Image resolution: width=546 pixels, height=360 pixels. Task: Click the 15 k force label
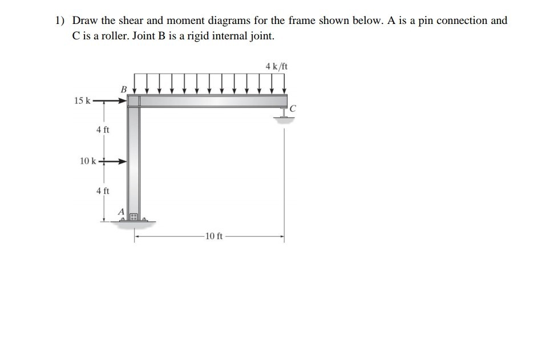coord(82,101)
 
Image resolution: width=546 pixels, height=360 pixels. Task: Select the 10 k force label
coord(88,161)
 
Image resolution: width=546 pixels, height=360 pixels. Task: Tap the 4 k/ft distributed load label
coord(277,67)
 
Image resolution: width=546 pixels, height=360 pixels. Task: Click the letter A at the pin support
coord(121,211)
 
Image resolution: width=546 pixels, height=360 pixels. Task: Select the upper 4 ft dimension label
coord(103,130)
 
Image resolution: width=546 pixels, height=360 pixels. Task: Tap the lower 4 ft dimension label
coord(103,191)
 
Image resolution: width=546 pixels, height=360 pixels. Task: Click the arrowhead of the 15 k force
coord(122,102)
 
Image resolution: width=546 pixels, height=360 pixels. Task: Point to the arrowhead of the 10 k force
coord(122,161)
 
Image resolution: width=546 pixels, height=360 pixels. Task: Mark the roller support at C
coord(283,114)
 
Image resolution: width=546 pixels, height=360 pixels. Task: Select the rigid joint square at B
coord(134,101)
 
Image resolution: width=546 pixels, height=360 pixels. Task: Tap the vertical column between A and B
coord(134,160)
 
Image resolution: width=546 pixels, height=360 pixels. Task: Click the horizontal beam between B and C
coord(211,101)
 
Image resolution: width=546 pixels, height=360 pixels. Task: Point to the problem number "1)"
coord(60,21)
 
